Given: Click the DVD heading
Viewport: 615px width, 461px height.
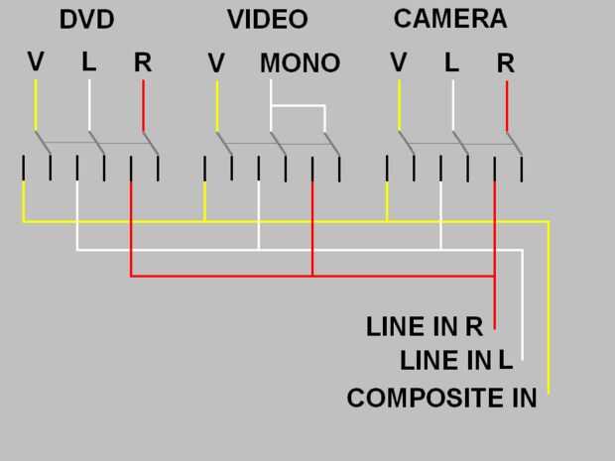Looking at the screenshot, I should point(87,19).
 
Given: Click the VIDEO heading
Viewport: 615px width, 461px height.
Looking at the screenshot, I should point(267,19).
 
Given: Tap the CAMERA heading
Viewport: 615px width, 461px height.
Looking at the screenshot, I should point(449,18).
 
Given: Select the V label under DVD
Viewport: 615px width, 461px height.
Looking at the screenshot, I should point(36,61).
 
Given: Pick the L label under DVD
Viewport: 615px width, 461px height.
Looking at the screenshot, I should point(89,61).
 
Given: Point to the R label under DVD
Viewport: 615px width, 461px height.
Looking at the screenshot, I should point(143,62).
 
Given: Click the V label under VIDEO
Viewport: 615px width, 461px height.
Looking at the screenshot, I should point(216,63).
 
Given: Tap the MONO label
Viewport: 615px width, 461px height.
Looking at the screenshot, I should point(300,63).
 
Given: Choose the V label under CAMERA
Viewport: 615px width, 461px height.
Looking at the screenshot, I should point(399,62).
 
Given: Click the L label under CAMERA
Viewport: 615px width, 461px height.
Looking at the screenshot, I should point(452,62).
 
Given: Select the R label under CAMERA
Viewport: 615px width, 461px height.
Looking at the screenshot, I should point(506,63).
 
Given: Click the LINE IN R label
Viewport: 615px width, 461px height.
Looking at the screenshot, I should point(424,326).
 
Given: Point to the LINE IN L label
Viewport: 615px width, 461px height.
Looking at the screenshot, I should point(456,360).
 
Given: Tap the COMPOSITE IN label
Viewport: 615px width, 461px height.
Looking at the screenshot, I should point(441,399).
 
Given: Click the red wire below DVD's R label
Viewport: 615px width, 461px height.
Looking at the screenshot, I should point(144,104).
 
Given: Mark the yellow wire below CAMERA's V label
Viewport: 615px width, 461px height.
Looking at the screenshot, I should point(400,104).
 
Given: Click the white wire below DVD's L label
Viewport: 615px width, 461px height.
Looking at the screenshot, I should point(90,104).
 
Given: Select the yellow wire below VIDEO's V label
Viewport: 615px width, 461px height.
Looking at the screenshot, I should point(217,104).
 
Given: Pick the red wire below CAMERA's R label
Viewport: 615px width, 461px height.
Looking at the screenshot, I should point(507,104).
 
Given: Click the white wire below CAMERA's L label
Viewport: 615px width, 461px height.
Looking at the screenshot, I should point(453,104).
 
